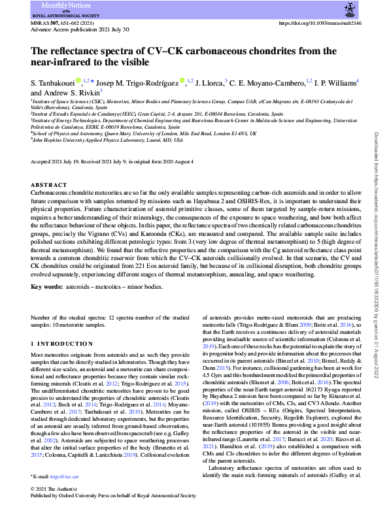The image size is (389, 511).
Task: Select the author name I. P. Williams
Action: (x=332, y=83)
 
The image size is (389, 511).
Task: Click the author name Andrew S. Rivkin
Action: (x=54, y=93)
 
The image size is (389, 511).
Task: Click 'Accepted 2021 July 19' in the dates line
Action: (x=56, y=161)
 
